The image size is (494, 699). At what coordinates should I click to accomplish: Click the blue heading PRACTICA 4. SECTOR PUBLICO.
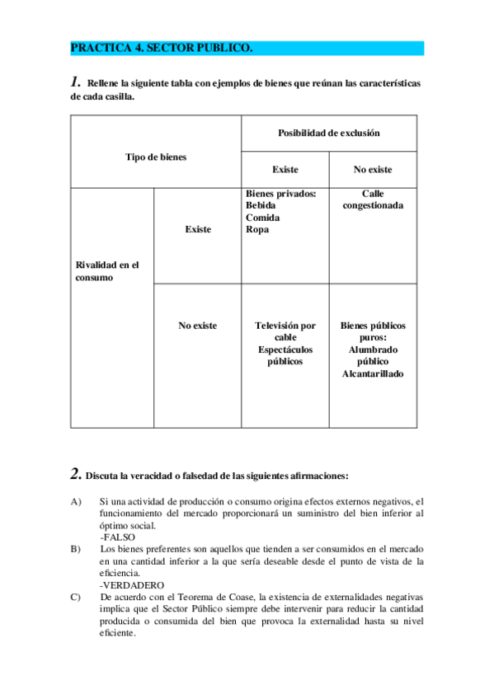pyautogui.click(x=162, y=49)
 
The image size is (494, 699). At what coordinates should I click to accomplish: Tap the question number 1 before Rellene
pyautogui.click(x=75, y=82)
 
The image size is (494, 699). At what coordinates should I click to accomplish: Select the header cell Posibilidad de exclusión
pyautogui.click(x=328, y=133)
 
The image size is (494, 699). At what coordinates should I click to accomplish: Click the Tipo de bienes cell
pyautogui.click(x=156, y=157)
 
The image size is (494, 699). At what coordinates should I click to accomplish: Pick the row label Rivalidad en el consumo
pyautogui.click(x=107, y=271)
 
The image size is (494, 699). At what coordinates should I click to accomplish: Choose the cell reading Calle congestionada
pyautogui.click(x=373, y=199)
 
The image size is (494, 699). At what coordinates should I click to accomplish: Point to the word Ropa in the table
pyautogui.click(x=257, y=229)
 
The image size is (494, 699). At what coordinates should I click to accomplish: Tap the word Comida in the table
pyautogui.click(x=263, y=218)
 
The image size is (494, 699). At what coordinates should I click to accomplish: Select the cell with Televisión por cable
pyautogui.click(x=285, y=331)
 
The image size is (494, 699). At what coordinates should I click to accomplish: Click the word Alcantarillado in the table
pyautogui.click(x=373, y=374)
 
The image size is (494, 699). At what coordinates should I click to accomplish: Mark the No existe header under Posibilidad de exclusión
pyautogui.click(x=373, y=170)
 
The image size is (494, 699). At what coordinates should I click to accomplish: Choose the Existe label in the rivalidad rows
pyautogui.click(x=198, y=229)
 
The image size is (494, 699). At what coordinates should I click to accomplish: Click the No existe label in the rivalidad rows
pyautogui.click(x=198, y=326)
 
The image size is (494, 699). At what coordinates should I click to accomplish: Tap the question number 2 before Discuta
pyautogui.click(x=75, y=474)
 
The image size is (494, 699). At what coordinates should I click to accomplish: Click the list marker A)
pyautogui.click(x=77, y=501)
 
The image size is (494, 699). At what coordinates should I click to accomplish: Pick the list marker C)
pyautogui.click(x=77, y=596)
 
